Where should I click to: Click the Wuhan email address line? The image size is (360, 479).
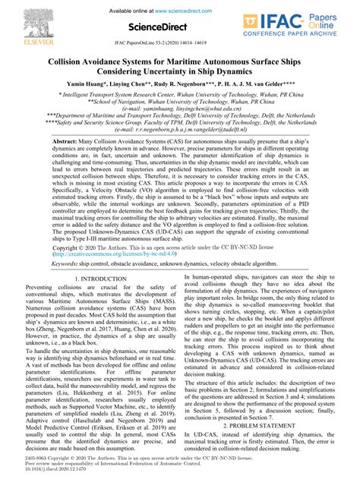coord(180,109)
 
